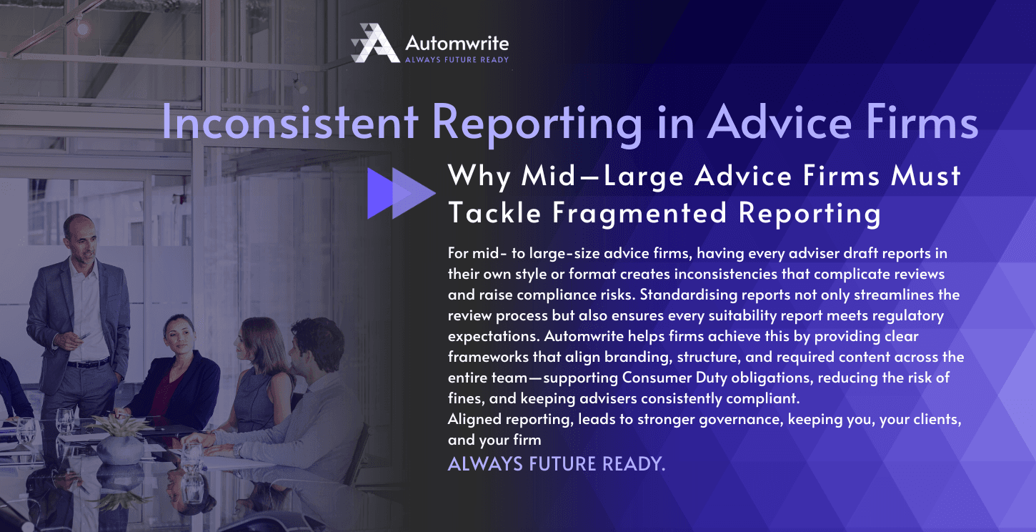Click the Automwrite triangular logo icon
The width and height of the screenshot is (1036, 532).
point(375,43)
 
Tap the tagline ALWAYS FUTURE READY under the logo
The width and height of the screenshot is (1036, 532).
point(457,60)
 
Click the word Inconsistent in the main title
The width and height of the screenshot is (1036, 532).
point(289,122)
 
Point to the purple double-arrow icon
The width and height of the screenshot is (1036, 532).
point(401,193)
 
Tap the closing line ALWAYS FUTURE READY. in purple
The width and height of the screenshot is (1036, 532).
point(557,463)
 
